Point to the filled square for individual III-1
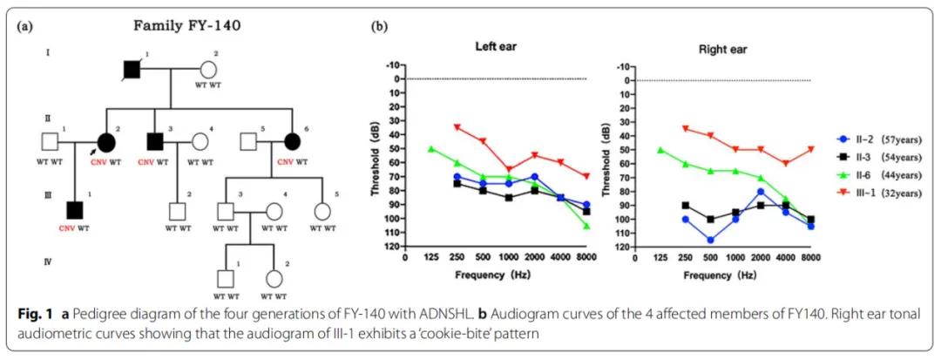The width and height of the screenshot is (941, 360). pos(75,210)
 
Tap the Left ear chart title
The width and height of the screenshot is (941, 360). pos(500,45)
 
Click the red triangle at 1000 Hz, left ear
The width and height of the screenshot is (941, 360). pos(509,170)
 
